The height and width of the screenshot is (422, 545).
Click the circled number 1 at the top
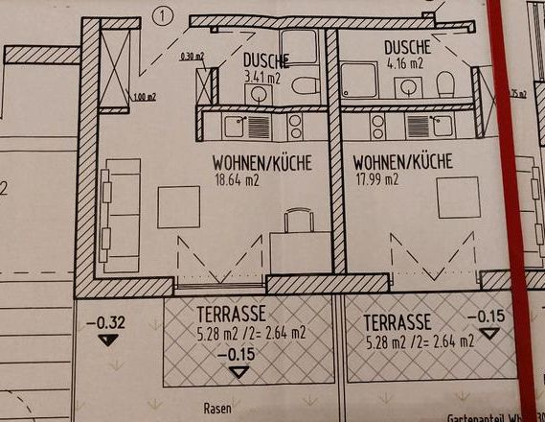[163, 14]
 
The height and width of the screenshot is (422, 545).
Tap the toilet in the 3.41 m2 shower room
[306, 86]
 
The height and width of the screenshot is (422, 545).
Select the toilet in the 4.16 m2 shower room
[444, 84]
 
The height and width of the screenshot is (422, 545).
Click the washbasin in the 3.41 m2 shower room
[258, 92]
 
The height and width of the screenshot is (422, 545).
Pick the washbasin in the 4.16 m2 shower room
[408, 87]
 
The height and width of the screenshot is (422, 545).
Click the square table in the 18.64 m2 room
[178, 206]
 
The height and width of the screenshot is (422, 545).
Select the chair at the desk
[299, 222]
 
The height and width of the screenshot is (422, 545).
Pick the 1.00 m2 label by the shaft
[146, 96]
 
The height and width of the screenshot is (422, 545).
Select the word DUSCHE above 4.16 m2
[407, 47]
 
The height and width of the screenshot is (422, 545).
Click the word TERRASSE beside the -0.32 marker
[231, 314]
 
